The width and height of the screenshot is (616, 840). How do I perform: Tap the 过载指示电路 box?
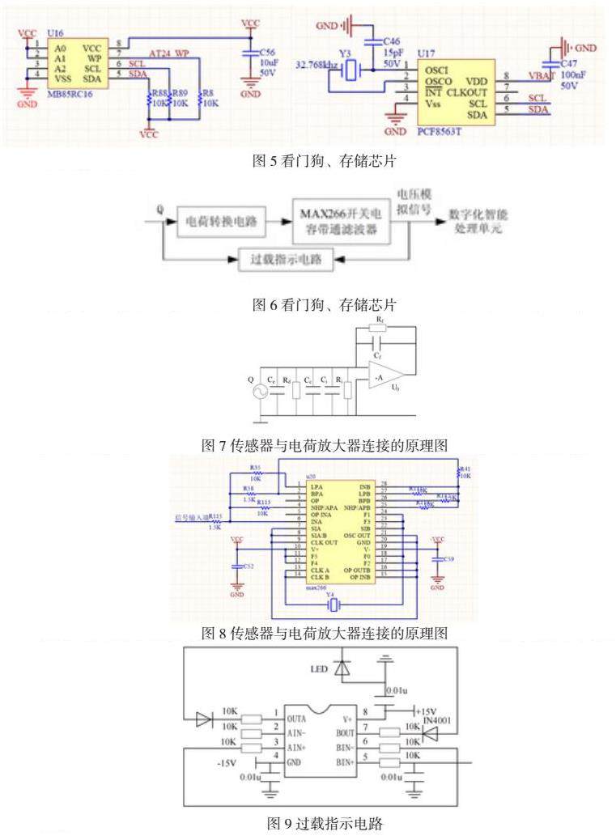pos(287,261)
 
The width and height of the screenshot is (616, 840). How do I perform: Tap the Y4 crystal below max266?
pos(330,604)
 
